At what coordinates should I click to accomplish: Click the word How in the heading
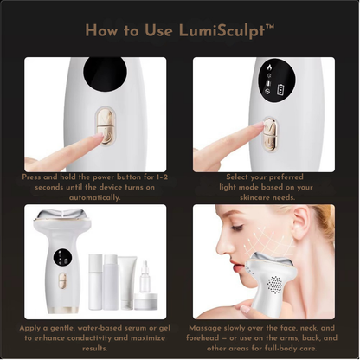point(104,32)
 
